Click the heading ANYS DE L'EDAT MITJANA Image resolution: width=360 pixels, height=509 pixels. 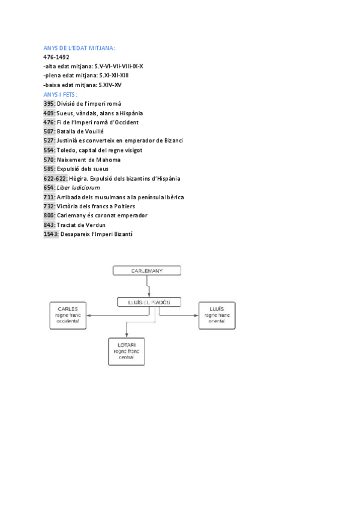79,47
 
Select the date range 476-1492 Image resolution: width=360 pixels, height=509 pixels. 56,57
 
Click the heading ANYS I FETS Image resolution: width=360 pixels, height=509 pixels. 61,94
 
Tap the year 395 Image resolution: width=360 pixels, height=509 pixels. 49,104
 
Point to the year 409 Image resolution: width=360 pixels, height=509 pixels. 49,113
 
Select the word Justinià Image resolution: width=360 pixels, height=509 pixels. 68,140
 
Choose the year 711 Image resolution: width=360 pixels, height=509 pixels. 49,197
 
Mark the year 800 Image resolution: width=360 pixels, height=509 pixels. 49,215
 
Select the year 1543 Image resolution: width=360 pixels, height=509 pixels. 51,234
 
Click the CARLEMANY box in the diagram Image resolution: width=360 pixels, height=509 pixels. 146,271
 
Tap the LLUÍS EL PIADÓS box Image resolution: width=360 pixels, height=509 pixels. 149,302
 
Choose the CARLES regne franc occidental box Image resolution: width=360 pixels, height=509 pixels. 68,315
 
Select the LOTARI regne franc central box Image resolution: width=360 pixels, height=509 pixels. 126,352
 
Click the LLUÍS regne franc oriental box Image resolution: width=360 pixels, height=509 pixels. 217,315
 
